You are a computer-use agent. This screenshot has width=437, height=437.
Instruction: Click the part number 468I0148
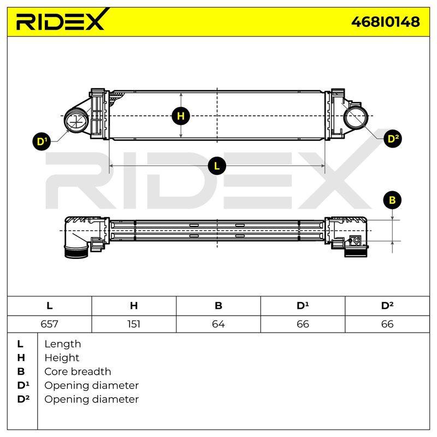coord(386,22)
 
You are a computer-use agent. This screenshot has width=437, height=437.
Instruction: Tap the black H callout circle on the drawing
coord(181,116)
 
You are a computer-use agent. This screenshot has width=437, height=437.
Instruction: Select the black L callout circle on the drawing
coord(216,166)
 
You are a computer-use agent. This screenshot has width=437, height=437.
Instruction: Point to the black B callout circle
coord(392,200)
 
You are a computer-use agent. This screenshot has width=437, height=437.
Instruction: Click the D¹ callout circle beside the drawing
coord(42,141)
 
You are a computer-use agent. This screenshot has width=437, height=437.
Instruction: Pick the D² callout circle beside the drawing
coord(393,139)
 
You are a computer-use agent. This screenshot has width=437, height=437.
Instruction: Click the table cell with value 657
coord(49,324)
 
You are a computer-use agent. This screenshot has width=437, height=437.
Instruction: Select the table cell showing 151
coord(134,324)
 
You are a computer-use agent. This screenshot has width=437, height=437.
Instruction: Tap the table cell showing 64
coord(218,324)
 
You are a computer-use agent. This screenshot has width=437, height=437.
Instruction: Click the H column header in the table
coord(134,306)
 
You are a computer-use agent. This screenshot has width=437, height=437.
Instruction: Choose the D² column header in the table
coord(387,306)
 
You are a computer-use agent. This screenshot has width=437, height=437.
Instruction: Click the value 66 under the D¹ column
coord(303,324)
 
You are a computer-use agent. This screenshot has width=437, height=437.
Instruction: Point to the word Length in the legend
coord(63,344)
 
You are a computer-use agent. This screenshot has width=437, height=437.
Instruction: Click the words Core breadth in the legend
coord(78,371)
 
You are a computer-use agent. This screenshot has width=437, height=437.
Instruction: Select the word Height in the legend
coord(62,358)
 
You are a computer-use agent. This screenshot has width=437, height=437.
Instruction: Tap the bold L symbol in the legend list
coord(20,344)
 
